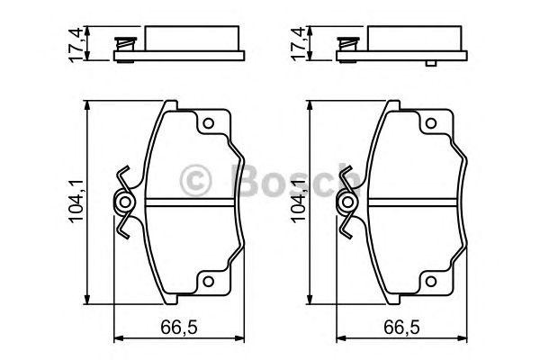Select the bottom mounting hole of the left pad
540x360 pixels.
click(206, 282)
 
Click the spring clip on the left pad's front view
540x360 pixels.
click(124, 203)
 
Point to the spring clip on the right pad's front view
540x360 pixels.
click(346, 203)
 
